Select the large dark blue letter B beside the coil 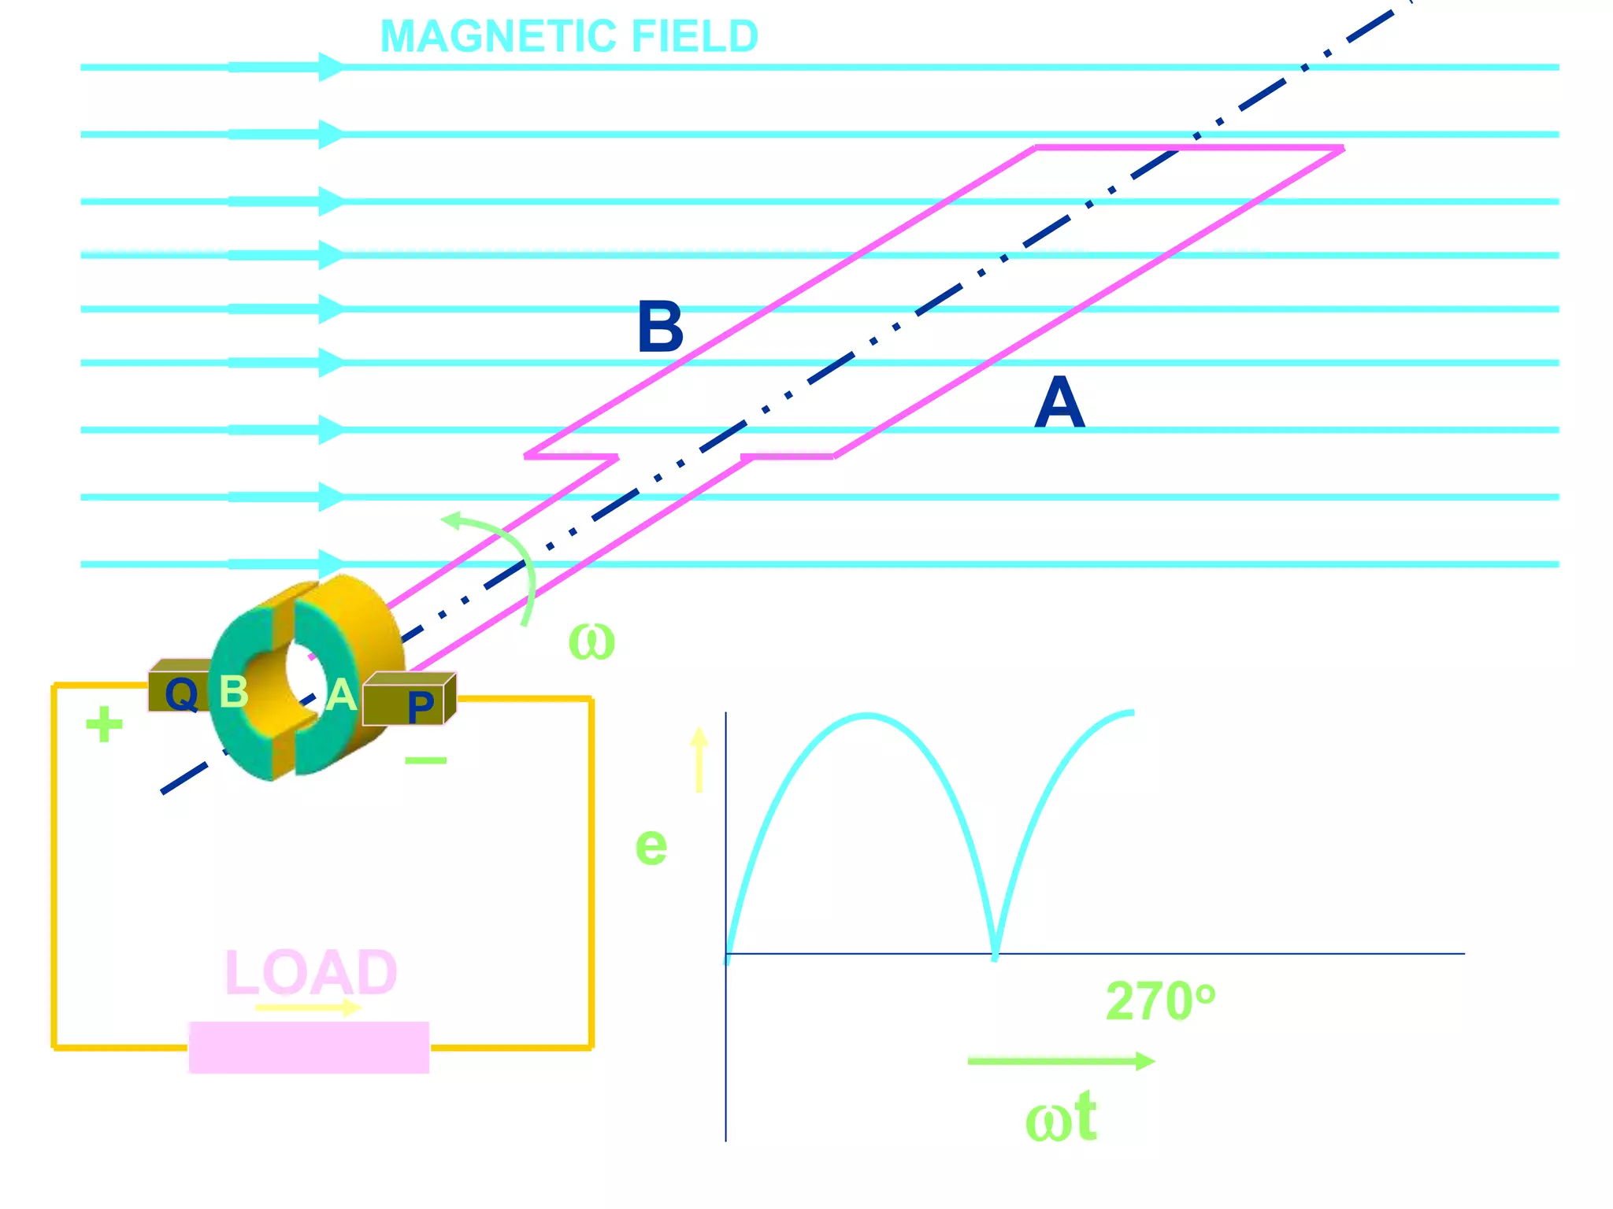click(660, 327)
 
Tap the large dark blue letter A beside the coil click(1059, 402)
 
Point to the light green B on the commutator click(233, 692)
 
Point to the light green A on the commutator click(341, 696)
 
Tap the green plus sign click(104, 725)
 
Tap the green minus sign click(425, 760)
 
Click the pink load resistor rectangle click(309, 1048)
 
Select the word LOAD click(311, 973)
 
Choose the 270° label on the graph click(1160, 1001)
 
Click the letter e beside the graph click(651, 846)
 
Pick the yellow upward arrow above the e click(699, 760)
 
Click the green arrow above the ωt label click(1061, 1061)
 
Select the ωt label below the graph click(1061, 1118)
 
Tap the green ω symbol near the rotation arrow click(591, 641)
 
